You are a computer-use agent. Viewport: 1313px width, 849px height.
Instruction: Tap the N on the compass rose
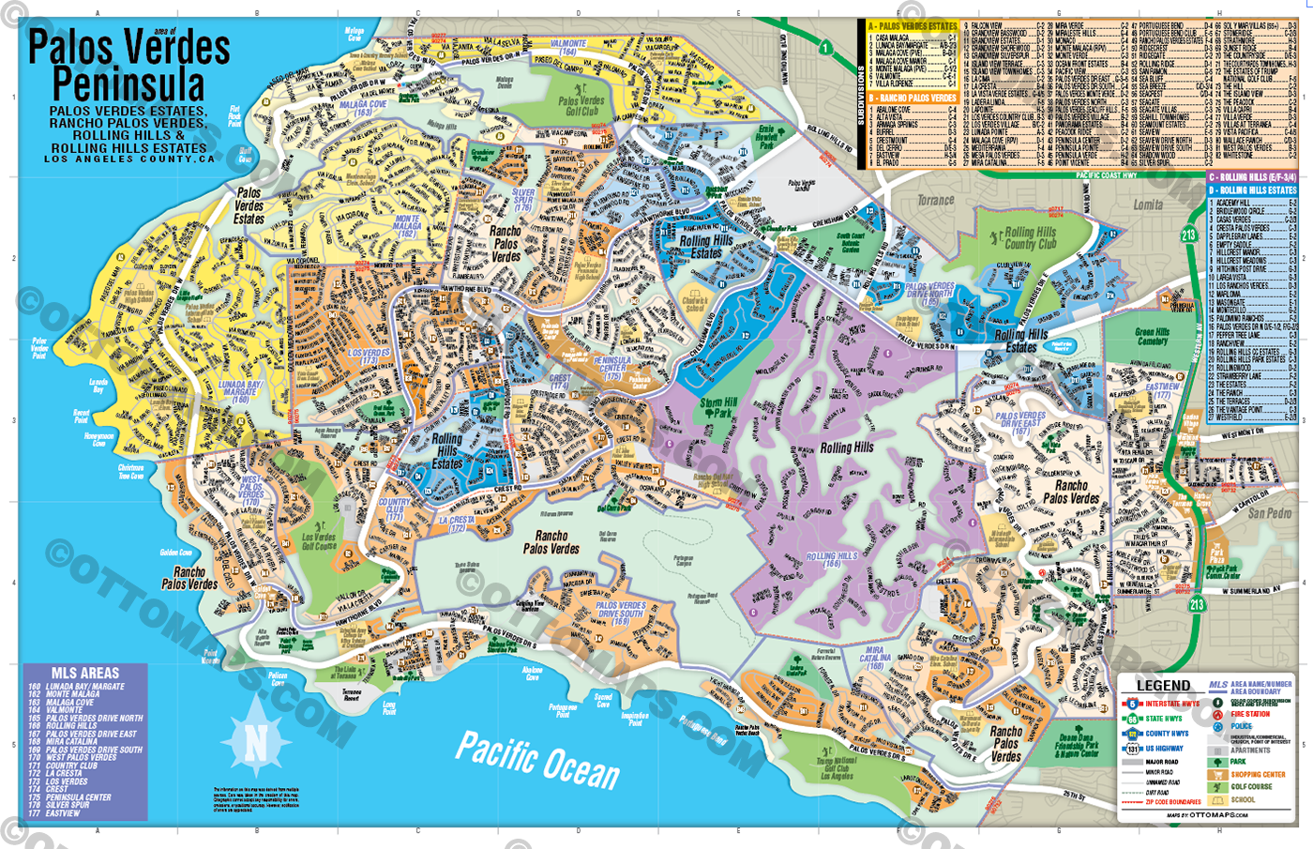point(256,743)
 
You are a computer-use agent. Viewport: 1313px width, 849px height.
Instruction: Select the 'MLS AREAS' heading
point(85,673)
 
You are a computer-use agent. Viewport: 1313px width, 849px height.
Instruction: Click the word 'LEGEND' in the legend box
point(1163,686)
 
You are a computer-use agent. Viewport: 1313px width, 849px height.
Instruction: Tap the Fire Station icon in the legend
point(1218,715)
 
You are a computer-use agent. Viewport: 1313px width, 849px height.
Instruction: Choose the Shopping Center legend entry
point(1257,775)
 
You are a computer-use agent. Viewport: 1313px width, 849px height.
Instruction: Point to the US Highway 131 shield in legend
point(1132,749)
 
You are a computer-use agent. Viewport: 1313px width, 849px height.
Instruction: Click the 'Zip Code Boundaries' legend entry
point(1172,802)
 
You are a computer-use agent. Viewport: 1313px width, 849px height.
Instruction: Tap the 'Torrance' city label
point(935,200)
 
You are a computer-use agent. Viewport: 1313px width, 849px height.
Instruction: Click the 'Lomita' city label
point(1148,205)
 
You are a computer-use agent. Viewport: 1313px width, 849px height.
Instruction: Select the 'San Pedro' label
point(1269,513)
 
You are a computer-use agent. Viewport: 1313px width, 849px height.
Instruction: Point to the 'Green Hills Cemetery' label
point(1152,336)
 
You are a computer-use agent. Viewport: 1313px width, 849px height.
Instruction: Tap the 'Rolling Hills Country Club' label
point(1031,238)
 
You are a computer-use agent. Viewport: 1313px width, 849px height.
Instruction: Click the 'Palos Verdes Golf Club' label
point(581,106)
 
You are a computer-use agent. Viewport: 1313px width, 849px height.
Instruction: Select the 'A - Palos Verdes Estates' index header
point(912,26)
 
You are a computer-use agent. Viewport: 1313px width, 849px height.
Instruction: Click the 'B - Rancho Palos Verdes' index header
point(912,98)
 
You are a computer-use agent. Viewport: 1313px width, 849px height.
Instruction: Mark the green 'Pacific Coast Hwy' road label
point(1106,175)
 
